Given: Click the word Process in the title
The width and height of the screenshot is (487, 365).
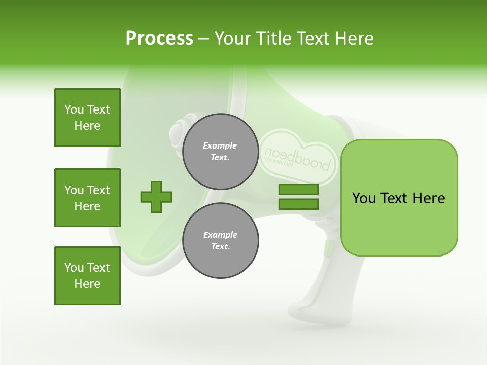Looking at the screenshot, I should (159, 39).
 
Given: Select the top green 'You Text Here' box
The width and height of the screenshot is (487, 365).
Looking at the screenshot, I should (87, 118).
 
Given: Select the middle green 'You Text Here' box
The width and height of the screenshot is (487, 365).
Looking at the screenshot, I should (87, 198).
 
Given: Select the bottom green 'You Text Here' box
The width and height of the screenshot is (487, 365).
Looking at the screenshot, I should (87, 276).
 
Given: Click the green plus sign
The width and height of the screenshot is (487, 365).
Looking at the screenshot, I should (156, 197).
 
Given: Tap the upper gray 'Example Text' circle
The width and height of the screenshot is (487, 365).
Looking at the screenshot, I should (220, 152).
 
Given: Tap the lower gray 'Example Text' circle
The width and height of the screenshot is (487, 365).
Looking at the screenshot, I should (220, 241).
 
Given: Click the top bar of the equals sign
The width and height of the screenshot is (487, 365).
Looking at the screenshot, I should (298, 190).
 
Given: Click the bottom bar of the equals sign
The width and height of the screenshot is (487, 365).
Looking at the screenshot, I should (298, 204).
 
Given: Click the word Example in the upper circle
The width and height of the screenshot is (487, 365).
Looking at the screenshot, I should (220, 145).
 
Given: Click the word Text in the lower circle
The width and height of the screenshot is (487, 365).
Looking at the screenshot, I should (220, 247).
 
